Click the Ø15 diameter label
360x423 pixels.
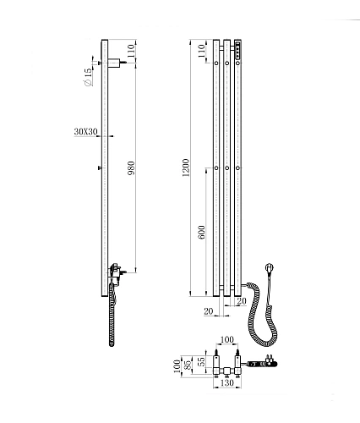click(88, 76)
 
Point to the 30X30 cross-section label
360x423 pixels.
click(85, 132)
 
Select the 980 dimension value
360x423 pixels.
click(131, 168)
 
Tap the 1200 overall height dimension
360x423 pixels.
click(186, 168)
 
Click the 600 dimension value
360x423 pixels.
click(202, 232)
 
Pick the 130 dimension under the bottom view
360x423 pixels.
click(227, 382)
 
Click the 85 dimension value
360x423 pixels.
click(188, 366)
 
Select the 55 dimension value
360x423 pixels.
click(201, 361)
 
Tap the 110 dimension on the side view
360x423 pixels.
click(131, 51)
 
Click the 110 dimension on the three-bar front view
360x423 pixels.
click(201, 51)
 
